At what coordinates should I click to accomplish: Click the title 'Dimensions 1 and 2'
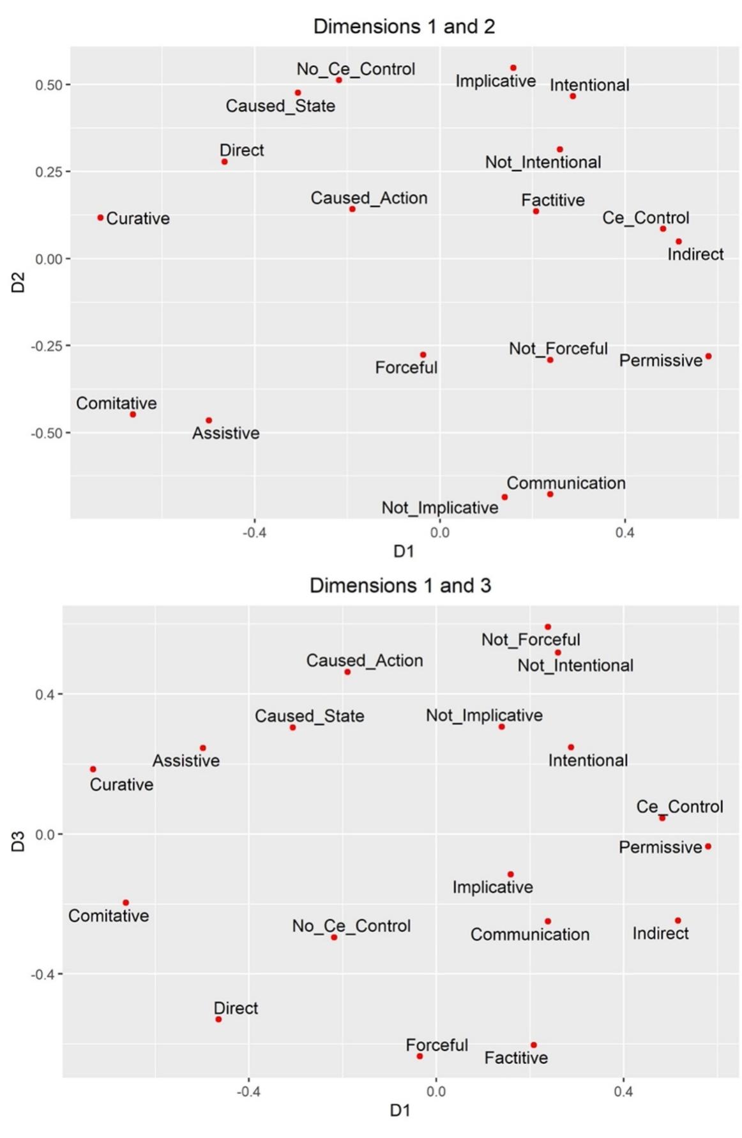(404, 26)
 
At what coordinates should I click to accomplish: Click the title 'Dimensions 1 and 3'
(400, 585)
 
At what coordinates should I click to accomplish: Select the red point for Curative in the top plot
(100, 218)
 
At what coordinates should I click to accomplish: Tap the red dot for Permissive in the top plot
(708, 356)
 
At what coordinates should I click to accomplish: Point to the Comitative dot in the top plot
(133, 414)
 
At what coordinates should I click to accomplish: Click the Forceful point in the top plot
(423, 355)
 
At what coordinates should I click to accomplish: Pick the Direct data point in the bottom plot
(218, 1019)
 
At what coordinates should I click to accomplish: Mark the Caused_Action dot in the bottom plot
(347, 672)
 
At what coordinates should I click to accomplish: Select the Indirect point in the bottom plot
(678, 920)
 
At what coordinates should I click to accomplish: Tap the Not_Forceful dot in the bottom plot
(548, 627)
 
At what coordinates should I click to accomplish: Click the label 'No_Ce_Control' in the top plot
(356, 69)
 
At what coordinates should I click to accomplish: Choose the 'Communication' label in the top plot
(566, 483)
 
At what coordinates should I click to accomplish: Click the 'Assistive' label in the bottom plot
(186, 761)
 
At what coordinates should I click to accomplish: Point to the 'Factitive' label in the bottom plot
(516, 1058)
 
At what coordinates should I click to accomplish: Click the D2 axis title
(18, 282)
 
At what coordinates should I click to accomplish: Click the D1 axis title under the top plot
(404, 551)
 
